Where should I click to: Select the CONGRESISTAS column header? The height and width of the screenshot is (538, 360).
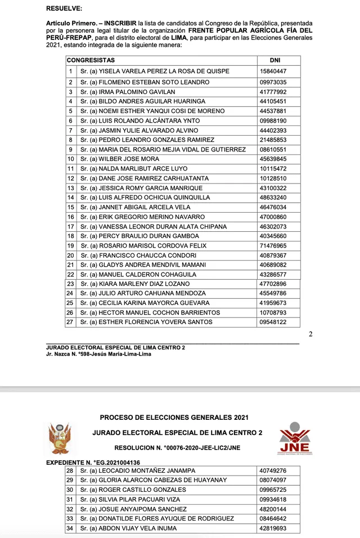91,60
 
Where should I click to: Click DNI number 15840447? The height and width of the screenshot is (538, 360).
273,72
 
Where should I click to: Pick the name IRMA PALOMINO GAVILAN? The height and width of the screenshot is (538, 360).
128,92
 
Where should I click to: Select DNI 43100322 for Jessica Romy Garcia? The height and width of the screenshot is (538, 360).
273,188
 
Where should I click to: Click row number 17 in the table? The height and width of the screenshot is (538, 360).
71,227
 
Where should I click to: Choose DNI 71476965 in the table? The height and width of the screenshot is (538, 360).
273,246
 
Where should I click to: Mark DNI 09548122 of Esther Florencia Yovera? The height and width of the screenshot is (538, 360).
273,322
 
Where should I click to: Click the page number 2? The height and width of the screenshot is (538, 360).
310,334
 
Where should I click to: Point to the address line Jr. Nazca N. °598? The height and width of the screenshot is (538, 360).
98,354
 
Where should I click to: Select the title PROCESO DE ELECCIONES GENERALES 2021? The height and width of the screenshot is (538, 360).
174,418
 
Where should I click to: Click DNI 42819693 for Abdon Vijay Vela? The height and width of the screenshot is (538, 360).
273,528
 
